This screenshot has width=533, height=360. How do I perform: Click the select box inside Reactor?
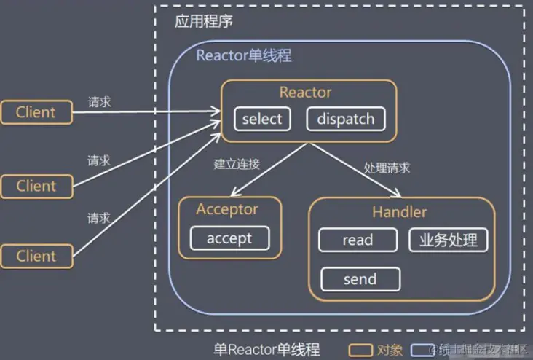[261, 119]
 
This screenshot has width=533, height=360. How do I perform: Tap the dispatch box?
[345, 119]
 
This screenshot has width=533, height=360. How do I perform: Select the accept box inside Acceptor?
[229, 238]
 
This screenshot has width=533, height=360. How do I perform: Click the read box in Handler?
[358, 240]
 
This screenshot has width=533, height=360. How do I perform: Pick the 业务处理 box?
[448, 240]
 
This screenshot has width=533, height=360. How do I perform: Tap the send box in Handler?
[360, 279]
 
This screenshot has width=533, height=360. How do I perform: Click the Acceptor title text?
[227, 210]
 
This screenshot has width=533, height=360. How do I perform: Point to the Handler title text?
[399, 213]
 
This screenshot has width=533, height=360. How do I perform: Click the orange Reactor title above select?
[305, 93]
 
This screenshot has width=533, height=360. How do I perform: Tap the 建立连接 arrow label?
[237, 164]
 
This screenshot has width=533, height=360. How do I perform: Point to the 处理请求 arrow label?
[387, 168]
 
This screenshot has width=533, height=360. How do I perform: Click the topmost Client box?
[36, 112]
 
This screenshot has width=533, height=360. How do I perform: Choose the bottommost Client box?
[36, 256]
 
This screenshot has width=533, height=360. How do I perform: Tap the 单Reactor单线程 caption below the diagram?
[266, 350]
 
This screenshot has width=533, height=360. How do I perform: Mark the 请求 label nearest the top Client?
[99, 102]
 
